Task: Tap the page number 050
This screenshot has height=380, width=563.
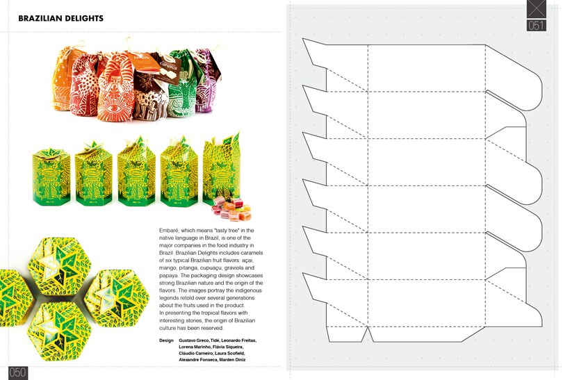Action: [18, 372]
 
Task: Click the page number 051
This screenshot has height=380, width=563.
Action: [536, 26]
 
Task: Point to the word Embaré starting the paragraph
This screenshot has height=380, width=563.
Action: [170, 230]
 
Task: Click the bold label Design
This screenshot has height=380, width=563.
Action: [166, 341]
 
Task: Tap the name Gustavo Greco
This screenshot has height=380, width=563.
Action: [197, 341]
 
